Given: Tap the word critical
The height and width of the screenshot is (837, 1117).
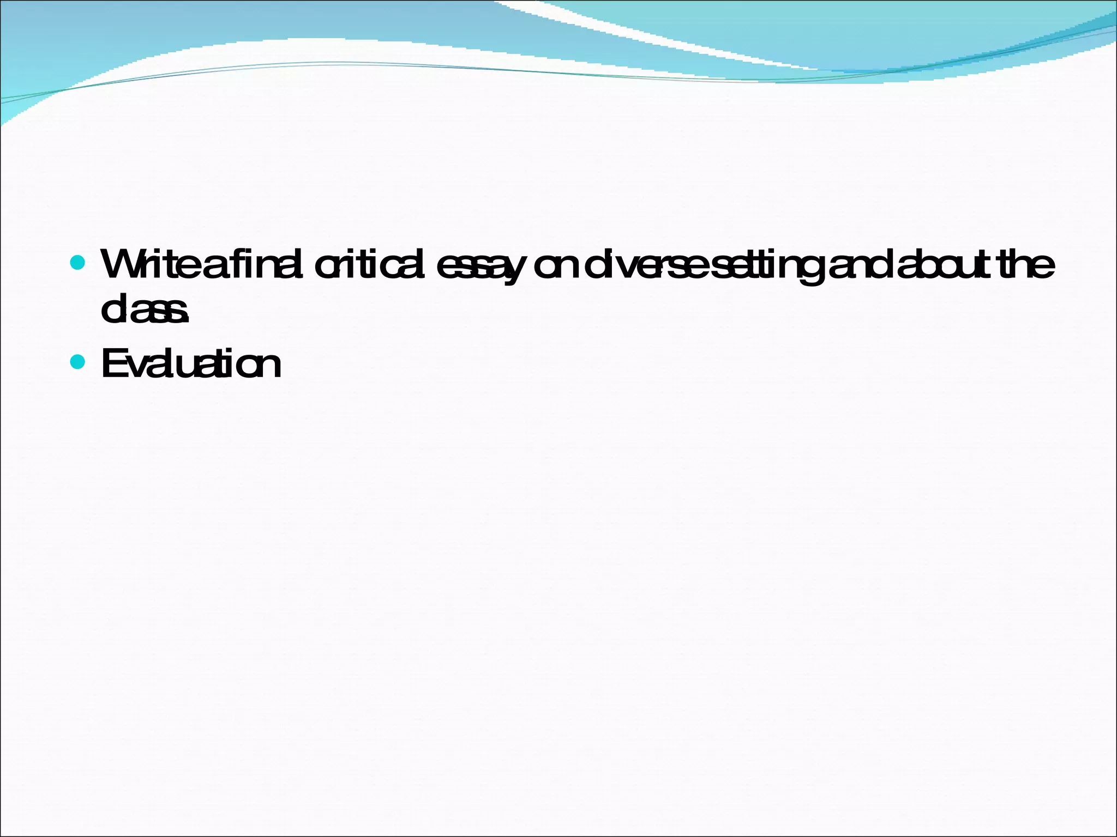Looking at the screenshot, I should [x=369, y=264].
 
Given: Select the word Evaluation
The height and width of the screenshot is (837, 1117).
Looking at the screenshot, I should [x=191, y=363].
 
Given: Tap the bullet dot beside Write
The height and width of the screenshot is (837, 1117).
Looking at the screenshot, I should [x=78, y=264].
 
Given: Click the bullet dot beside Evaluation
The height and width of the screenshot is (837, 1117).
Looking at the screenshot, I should [x=78, y=362].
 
